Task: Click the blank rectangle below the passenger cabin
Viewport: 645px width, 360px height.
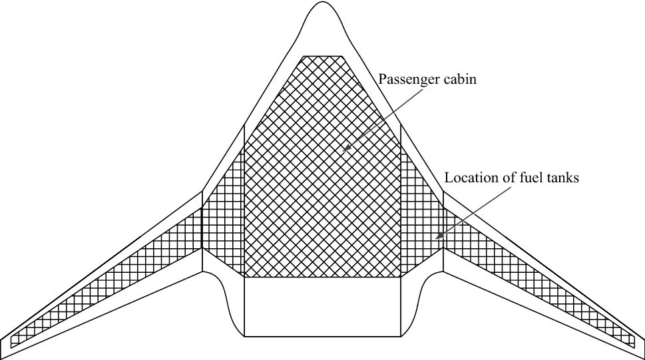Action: [323, 306]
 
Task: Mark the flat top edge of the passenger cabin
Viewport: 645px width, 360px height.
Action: [323, 57]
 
